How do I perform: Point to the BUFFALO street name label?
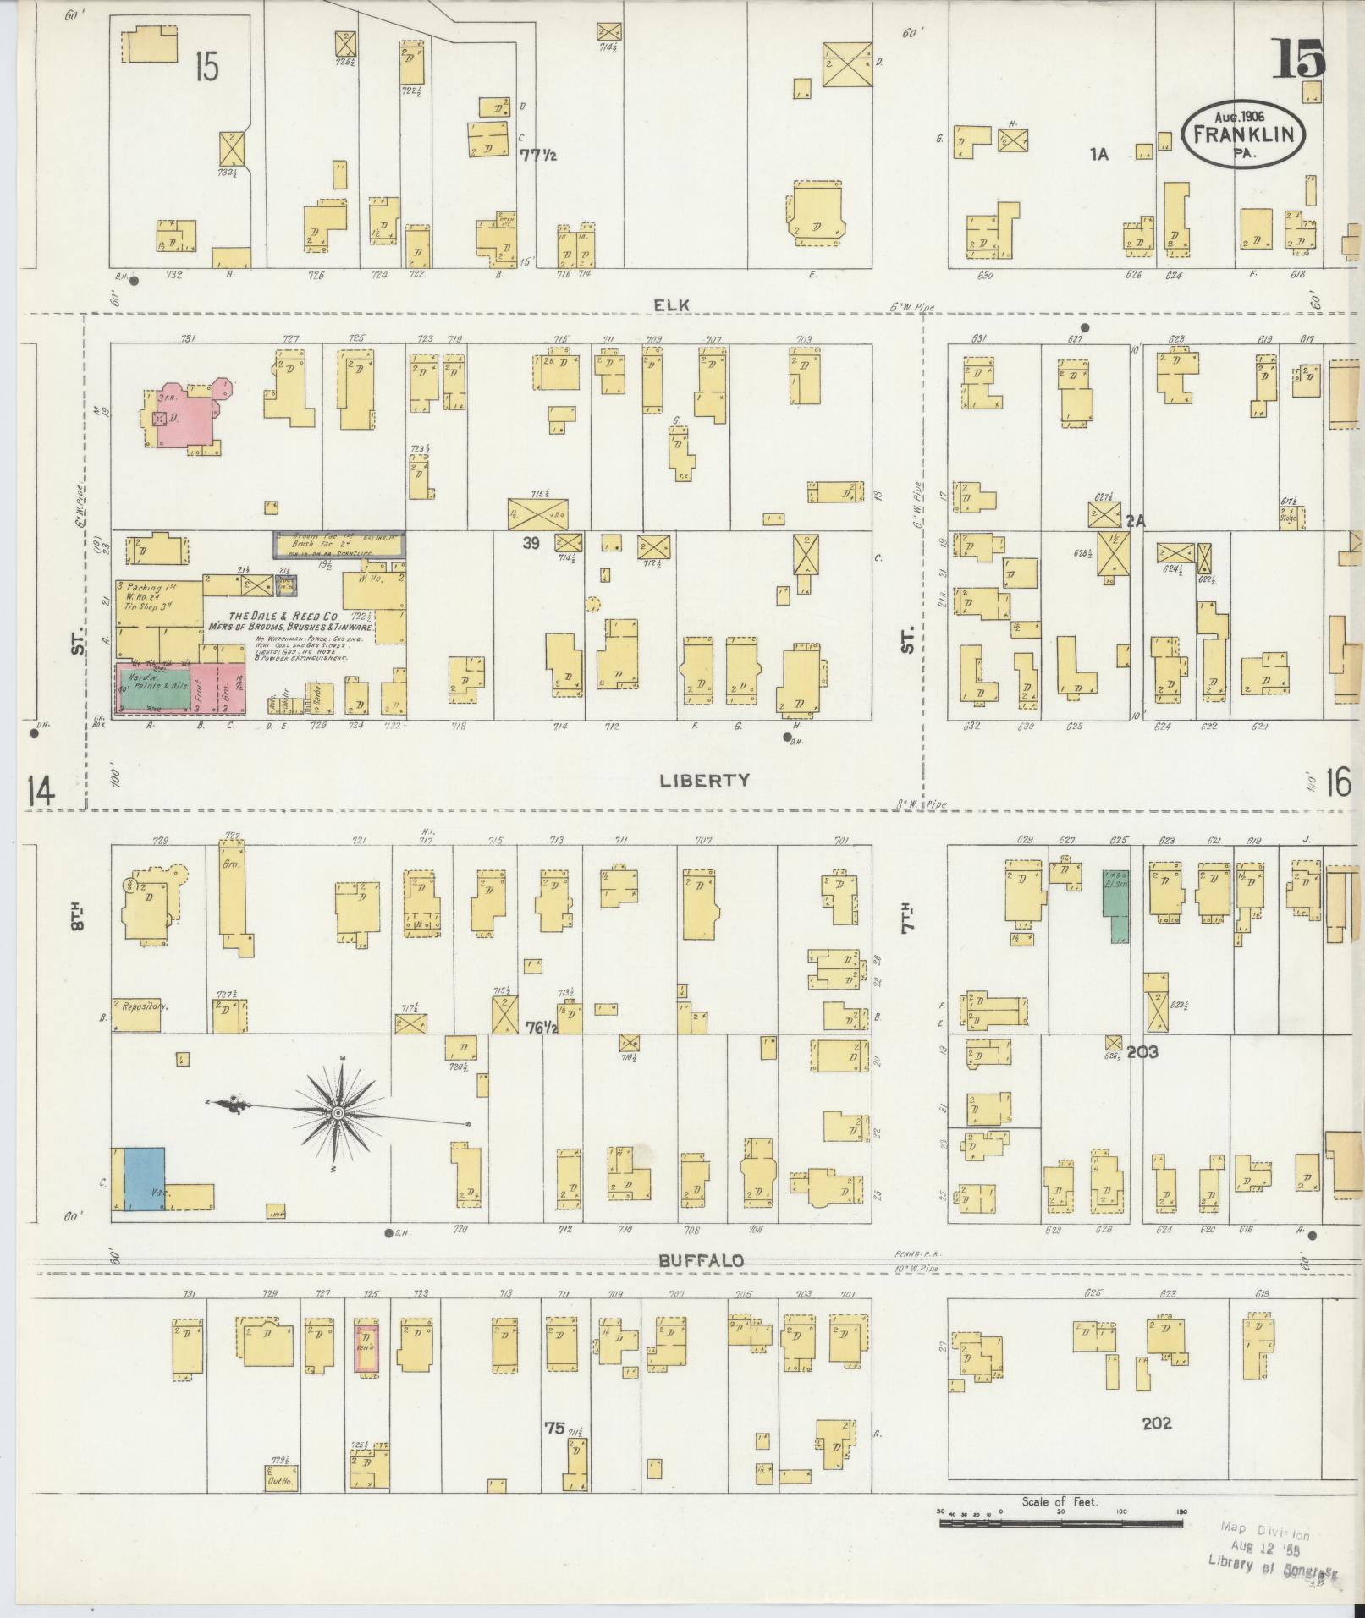pyautogui.click(x=702, y=1260)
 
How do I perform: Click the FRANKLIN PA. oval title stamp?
pyautogui.click(x=1243, y=135)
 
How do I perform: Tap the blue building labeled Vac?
pyautogui.click(x=145, y=1178)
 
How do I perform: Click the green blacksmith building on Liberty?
pyautogui.click(x=1116, y=905)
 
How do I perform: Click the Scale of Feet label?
pyautogui.click(x=1059, y=1501)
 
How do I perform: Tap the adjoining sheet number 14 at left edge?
pyautogui.click(x=40, y=793)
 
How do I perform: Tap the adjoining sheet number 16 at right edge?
pyautogui.click(x=1338, y=783)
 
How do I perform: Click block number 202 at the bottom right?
pyautogui.click(x=1156, y=1423)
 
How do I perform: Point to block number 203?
pyautogui.click(x=1142, y=1052)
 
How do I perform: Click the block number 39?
pyautogui.click(x=531, y=543)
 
